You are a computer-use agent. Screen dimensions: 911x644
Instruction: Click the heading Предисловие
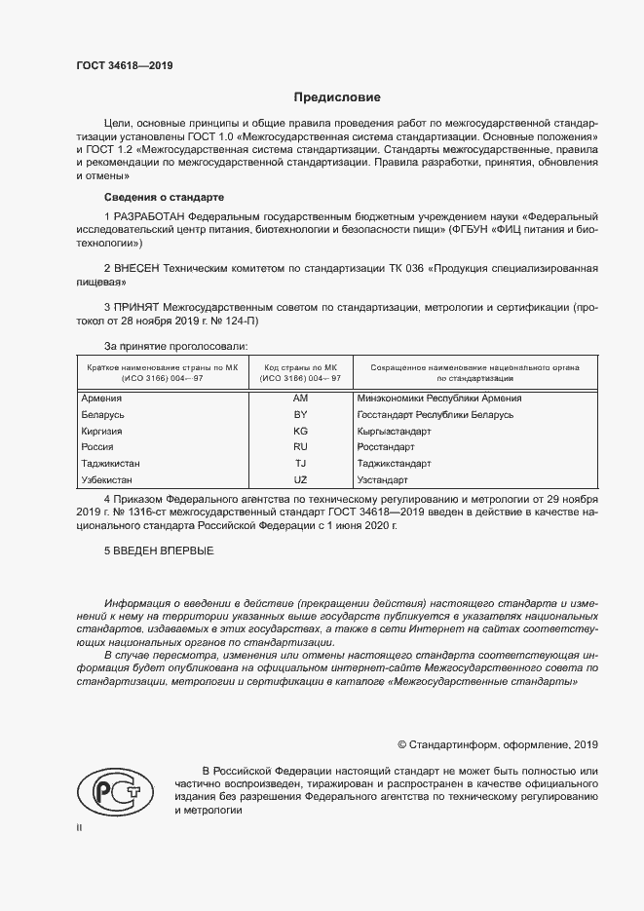point(338,97)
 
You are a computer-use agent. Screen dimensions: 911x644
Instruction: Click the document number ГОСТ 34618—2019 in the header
point(126,66)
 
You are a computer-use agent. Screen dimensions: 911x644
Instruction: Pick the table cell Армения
point(101,398)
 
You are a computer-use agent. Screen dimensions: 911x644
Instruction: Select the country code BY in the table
point(300,414)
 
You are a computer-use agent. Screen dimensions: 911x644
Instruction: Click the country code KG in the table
point(300,431)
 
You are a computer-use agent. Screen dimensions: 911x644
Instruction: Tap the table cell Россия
point(97,447)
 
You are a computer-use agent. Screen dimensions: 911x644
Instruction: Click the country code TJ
point(300,464)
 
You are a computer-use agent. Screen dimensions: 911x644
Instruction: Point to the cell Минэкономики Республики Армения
point(439,398)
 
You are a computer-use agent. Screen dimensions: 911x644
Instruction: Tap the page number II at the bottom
point(80,827)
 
